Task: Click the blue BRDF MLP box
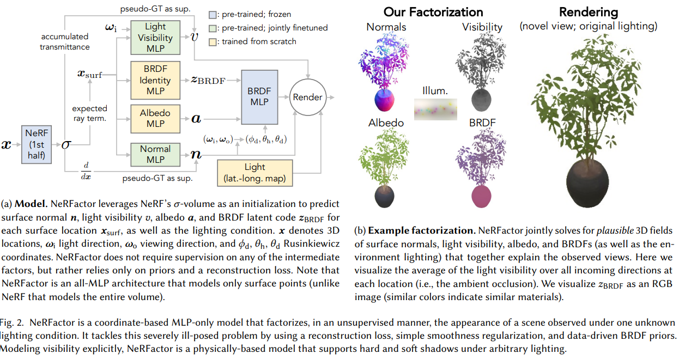(x=259, y=97)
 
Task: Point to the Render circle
(x=307, y=97)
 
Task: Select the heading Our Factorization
(x=433, y=12)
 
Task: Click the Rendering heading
(x=589, y=12)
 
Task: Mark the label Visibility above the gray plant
(x=482, y=27)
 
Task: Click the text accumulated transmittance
(x=64, y=42)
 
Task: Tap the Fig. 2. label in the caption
(x=11, y=322)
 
